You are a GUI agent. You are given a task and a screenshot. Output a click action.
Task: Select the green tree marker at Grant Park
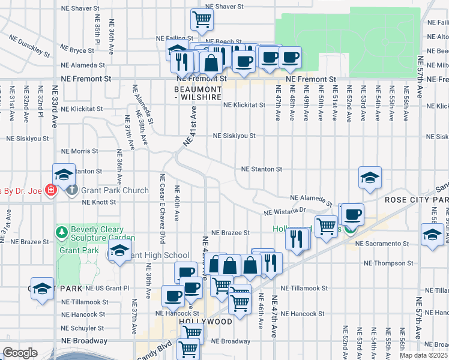(x=61, y=231)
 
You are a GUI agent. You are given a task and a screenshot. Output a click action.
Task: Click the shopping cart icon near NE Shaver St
(x=202, y=20)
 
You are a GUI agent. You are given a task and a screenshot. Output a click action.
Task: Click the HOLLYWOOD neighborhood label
(x=205, y=322)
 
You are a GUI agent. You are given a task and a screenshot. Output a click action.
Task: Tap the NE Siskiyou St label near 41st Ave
(x=235, y=136)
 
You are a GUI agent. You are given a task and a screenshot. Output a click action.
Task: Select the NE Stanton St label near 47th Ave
(x=261, y=169)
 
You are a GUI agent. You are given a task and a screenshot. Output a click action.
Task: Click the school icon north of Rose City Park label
(x=370, y=177)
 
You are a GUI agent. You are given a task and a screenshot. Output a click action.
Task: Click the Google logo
(x=20, y=353)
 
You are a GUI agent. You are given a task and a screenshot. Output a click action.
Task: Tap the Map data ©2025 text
(x=423, y=355)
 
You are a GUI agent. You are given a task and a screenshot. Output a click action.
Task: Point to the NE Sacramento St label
(x=381, y=244)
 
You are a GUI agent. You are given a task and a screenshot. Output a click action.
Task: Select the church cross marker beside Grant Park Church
(x=71, y=191)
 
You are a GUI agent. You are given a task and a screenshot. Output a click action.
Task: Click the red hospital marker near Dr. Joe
(x=51, y=190)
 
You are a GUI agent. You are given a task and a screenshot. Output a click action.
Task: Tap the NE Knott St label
(x=99, y=202)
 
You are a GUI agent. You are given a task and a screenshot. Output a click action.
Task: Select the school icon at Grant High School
(x=119, y=252)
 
